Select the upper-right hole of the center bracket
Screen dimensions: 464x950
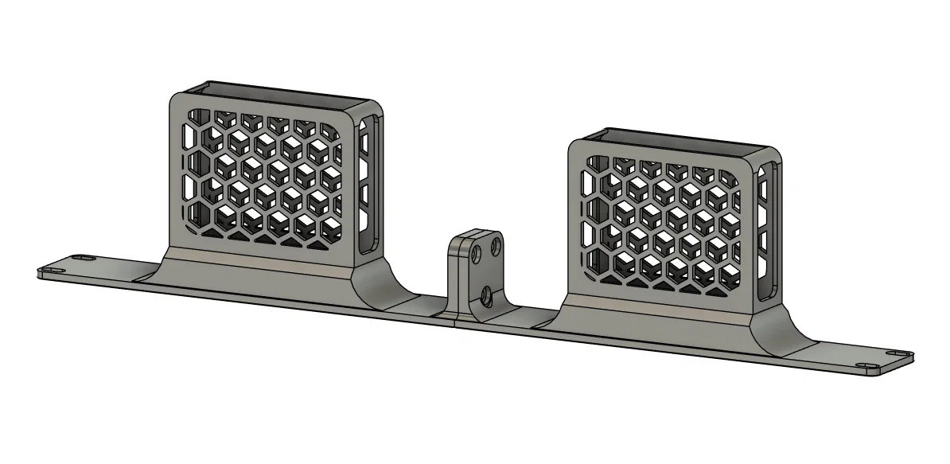(496, 247)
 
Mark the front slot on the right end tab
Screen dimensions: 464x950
(867, 365)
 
